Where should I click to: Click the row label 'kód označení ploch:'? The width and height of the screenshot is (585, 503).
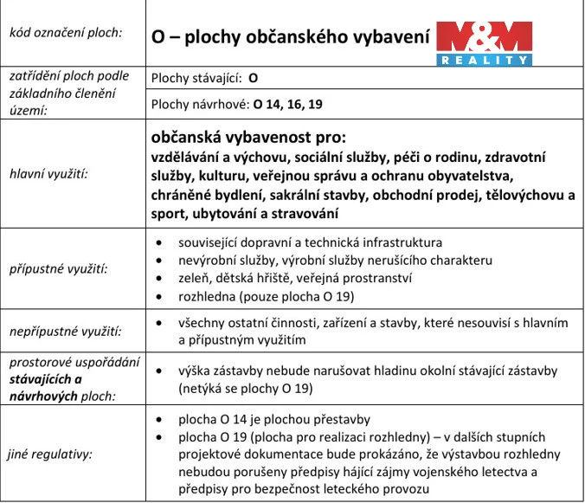(65, 34)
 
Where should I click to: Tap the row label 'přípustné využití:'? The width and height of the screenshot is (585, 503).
(57, 268)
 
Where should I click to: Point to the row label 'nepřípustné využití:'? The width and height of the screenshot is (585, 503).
(65, 331)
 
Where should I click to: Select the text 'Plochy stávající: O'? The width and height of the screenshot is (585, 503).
(204, 77)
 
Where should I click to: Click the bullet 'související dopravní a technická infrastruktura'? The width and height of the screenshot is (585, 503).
(310, 242)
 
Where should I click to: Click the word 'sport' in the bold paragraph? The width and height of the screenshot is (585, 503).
(169, 212)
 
